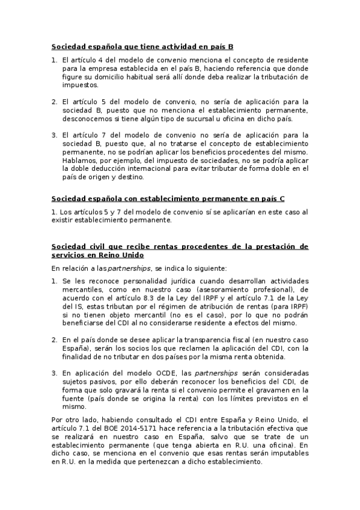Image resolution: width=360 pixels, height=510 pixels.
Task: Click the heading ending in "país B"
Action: point(142,46)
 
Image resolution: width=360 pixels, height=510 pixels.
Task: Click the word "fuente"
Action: point(75,398)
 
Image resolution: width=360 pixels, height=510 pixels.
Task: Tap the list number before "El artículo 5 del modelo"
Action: point(53,102)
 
